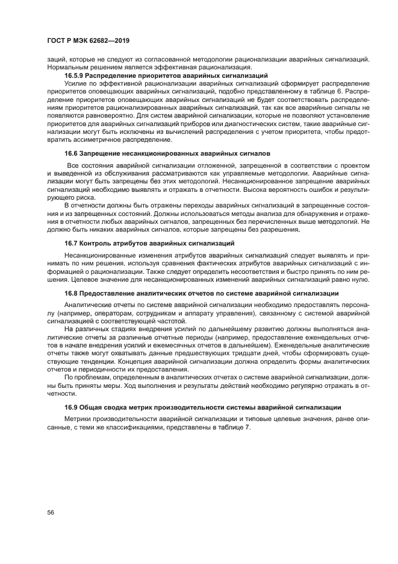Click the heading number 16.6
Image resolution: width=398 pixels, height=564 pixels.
[72, 154]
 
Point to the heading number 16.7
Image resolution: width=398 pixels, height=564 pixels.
[72, 243]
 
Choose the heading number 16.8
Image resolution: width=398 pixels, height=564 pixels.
[72, 293]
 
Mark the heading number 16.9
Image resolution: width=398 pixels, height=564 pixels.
[72, 407]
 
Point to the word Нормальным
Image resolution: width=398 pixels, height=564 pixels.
[70, 68]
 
